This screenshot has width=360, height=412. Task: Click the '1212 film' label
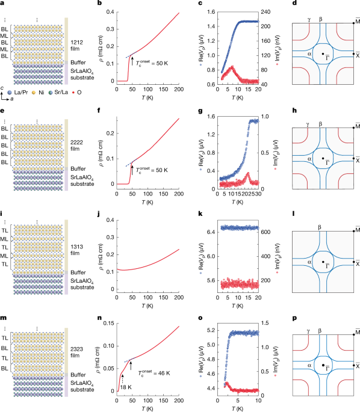pyautogui.click(x=79, y=46)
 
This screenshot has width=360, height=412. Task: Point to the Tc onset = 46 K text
pyautogui.click(x=155, y=373)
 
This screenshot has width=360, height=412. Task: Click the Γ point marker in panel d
pyautogui.click(x=323, y=55)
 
